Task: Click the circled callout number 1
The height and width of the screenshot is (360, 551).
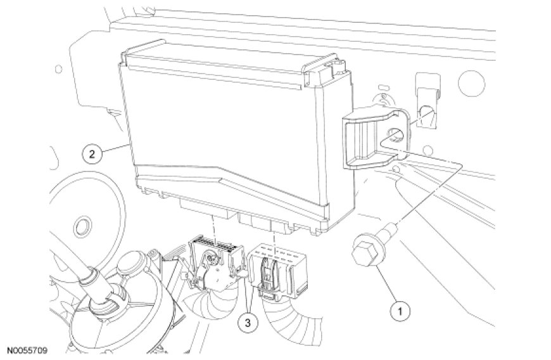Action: point(400,311)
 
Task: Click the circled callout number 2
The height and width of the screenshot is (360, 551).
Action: point(92,154)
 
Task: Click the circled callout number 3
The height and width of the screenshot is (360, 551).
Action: point(248,322)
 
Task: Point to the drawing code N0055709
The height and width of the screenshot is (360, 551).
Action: point(27,350)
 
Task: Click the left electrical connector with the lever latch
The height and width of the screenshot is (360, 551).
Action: point(211,260)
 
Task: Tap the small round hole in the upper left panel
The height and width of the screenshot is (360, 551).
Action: point(59,69)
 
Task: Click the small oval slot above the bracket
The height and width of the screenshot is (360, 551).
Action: point(383,86)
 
